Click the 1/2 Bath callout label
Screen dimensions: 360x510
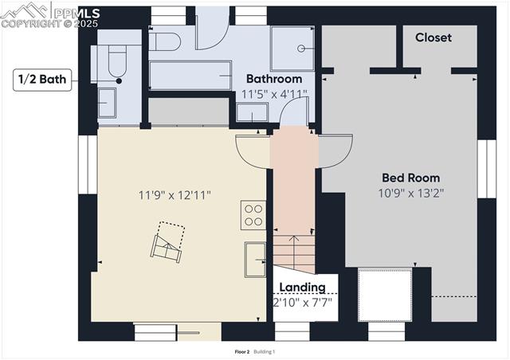click(x=43, y=79)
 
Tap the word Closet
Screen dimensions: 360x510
click(x=433, y=37)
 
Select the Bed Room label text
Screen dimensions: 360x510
click(x=410, y=178)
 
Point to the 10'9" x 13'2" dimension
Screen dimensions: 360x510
click(x=410, y=192)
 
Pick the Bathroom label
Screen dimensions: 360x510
click(x=274, y=79)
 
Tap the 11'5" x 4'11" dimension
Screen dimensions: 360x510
click(x=274, y=94)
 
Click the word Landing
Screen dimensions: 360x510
click(x=303, y=287)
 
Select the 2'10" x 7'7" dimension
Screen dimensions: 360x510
click(x=303, y=303)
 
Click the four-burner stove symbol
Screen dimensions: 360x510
click(x=253, y=215)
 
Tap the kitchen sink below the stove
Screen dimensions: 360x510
click(x=255, y=259)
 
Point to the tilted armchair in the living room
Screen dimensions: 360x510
click(x=168, y=243)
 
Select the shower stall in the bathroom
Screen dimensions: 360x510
click(x=294, y=48)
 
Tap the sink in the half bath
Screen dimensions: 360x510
click(x=107, y=102)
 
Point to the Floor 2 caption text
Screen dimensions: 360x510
click(x=242, y=351)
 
